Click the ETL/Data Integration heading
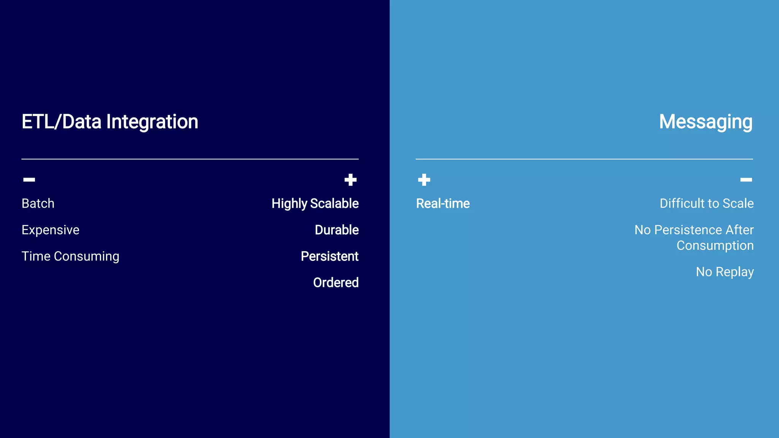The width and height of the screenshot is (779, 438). tap(110, 122)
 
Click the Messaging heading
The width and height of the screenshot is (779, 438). tap(706, 122)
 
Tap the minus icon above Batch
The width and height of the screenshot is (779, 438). tap(29, 179)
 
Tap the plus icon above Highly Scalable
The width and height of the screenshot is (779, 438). tap(350, 180)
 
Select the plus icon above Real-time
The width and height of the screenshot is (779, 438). tap(424, 180)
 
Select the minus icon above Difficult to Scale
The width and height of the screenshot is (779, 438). tap(746, 179)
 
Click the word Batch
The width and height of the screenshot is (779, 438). tap(38, 203)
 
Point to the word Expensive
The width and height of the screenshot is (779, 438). tap(51, 230)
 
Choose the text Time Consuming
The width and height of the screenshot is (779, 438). tap(70, 256)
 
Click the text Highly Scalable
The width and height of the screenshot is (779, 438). tap(315, 204)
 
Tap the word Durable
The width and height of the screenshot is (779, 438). tap(337, 230)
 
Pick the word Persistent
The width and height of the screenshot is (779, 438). tap(329, 256)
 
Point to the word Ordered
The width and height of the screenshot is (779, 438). tap(335, 282)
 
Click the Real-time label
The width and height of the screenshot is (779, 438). tap(443, 204)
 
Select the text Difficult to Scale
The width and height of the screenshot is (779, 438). tap(706, 203)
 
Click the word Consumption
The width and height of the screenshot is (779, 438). tap(715, 246)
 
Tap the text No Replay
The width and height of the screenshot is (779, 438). tap(725, 272)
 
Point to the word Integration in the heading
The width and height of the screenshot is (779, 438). tap(152, 122)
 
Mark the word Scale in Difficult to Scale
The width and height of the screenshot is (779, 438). tap(738, 203)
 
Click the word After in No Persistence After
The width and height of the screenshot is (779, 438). tap(739, 230)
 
